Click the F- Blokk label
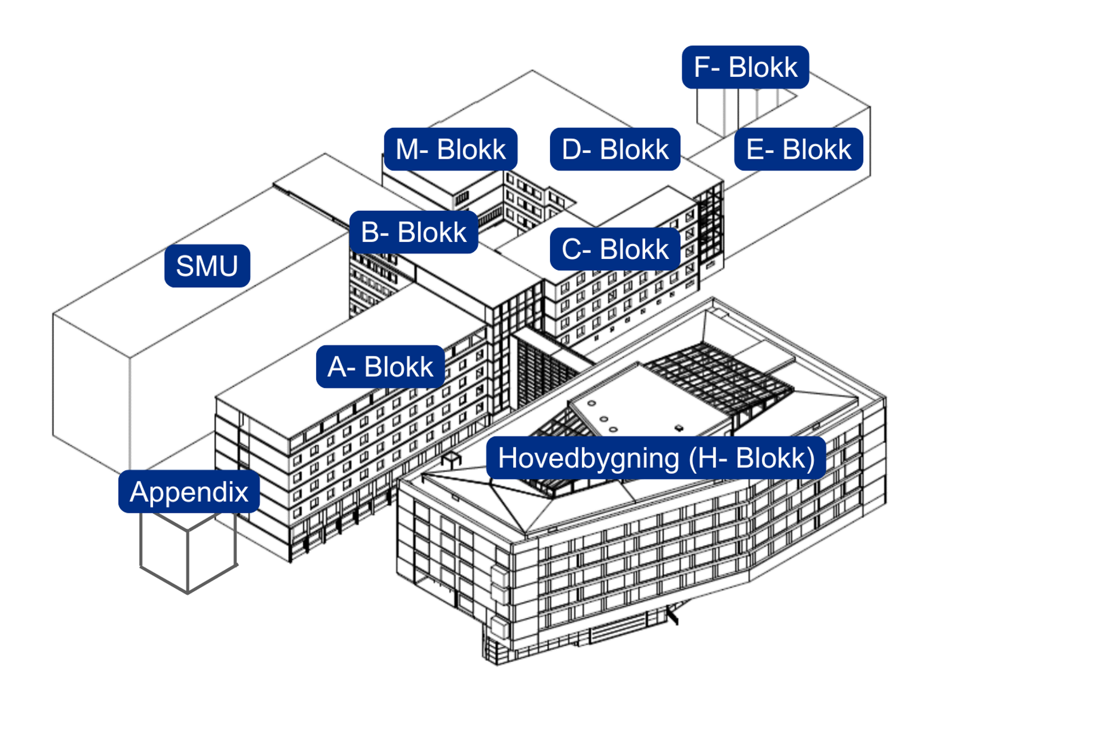pyautogui.click(x=745, y=67)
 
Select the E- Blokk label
pyautogui.click(x=798, y=149)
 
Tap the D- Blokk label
pyautogui.click(x=615, y=149)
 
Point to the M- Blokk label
pyautogui.click(x=450, y=149)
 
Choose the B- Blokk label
pyautogui.click(x=413, y=232)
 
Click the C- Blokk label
pyautogui.click(x=615, y=249)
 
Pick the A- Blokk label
pyautogui.click(x=380, y=366)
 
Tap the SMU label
pyautogui.click(x=207, y=265)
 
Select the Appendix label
pyautogui.click(x=188, y=491)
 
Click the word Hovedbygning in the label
pyautogui.click(x=588, y=458)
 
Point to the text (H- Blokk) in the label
pyautogui.click(x=752, y=458)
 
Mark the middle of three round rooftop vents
pyautogui.click(x=603, y=419)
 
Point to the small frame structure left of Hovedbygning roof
pyautogui.click(x=451, y=458)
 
